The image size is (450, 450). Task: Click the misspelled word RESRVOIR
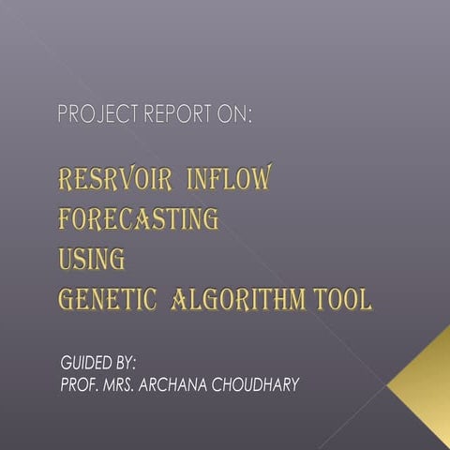point(117,179)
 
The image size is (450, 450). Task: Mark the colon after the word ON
point(250,117)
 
